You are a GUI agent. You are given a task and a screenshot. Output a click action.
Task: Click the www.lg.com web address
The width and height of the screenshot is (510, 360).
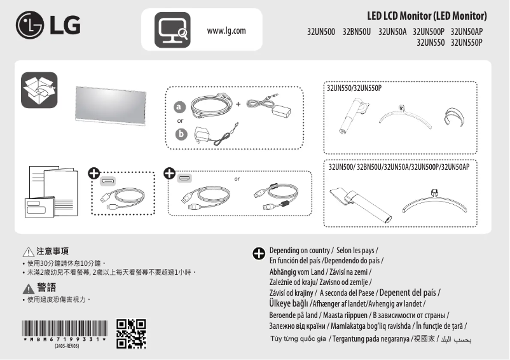pyautogui.click(x=226, y=31)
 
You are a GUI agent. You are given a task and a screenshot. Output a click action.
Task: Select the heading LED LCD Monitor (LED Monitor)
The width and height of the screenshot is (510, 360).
pyautogui.click(x=427, y=15)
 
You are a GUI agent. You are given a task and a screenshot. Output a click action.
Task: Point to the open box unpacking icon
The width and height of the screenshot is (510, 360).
pyautogui.click(x=39, y=90)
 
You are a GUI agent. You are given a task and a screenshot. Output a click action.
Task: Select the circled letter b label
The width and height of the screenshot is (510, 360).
pyautogui.click(x=181, y=134)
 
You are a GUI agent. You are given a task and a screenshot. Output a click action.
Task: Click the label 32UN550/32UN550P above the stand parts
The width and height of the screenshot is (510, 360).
pyautogui.click(x=354, y=87)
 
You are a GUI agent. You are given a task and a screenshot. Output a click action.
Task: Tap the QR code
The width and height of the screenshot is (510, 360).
pyautogui.click(x=131, y=335)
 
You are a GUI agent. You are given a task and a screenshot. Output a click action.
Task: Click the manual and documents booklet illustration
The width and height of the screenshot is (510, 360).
pyautogui.click(x=52, y=190)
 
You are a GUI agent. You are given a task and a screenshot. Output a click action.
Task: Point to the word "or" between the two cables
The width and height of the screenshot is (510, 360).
pyautogui.click(x=237, y=179)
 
